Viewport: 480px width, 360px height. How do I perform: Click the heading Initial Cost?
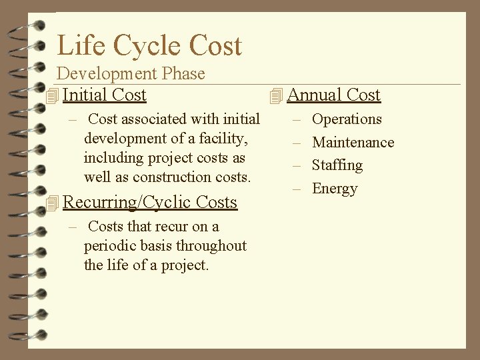click(104, 95)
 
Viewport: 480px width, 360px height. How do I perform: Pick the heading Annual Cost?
click(333, 95)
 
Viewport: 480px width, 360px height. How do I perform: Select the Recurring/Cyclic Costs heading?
click(150, 202)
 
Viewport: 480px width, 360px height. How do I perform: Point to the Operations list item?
click(347, 119)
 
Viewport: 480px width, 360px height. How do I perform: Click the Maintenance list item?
click(353, 142)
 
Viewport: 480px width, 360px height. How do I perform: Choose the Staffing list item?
click(337, 165)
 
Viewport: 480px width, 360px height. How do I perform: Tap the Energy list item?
click(335, 188)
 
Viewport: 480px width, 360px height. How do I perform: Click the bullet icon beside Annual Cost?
click(276, 97)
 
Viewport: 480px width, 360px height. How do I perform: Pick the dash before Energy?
click(297, 189)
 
